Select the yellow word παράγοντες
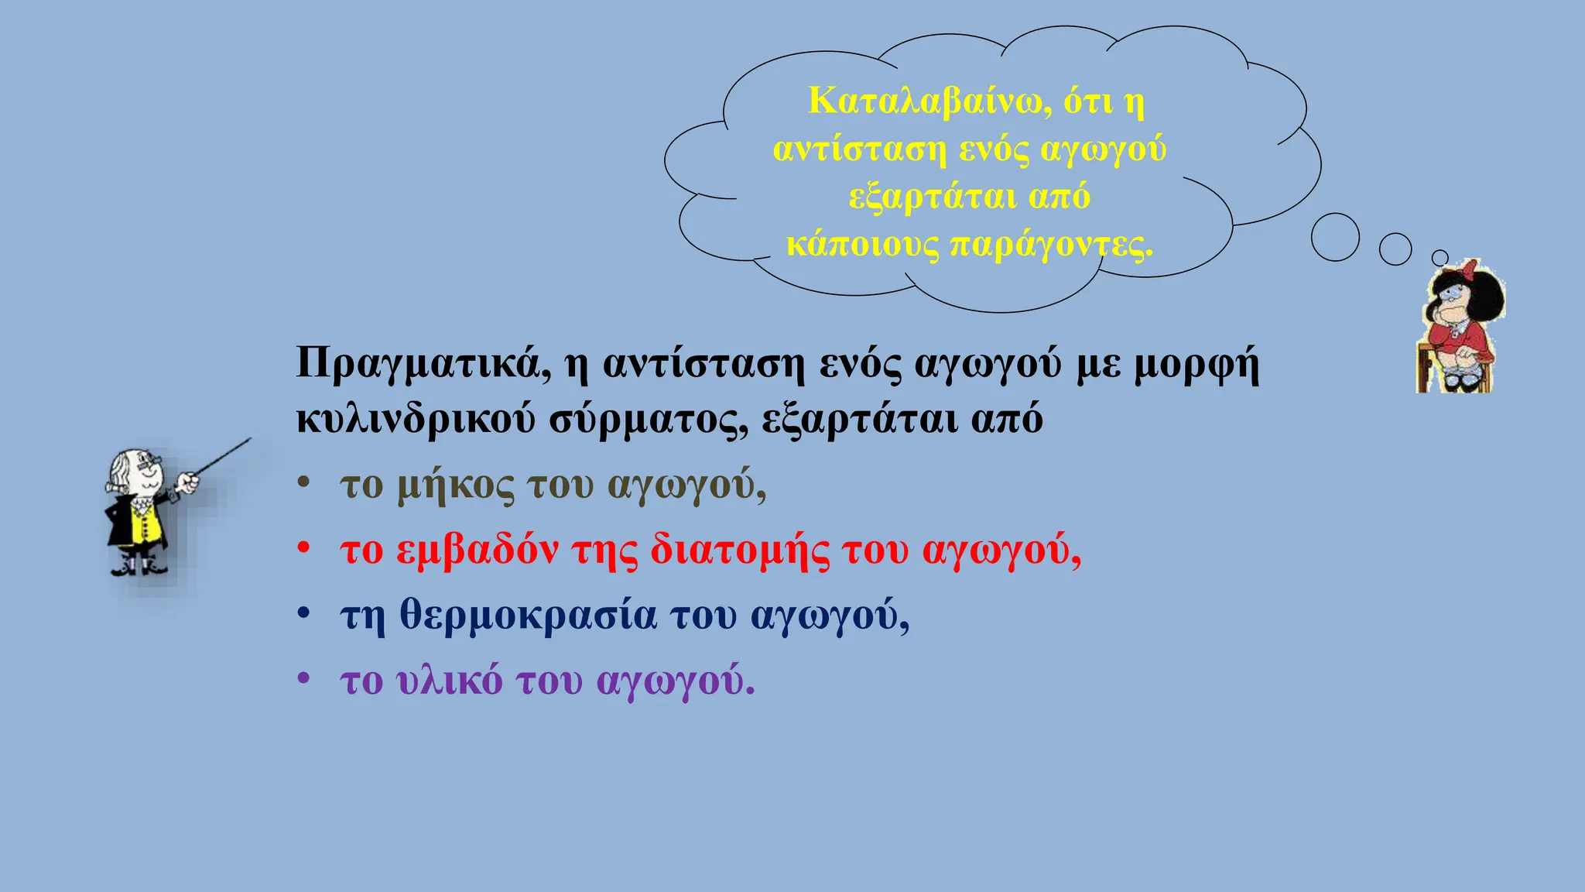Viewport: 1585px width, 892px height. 1051,245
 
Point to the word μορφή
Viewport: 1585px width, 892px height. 1196,364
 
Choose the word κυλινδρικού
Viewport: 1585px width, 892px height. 416,420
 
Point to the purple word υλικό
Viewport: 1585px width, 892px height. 449,681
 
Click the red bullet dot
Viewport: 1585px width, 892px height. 304,548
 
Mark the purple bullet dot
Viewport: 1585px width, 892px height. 304,679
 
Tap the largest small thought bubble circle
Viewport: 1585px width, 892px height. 1335,237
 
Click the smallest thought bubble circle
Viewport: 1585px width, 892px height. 1440,258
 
